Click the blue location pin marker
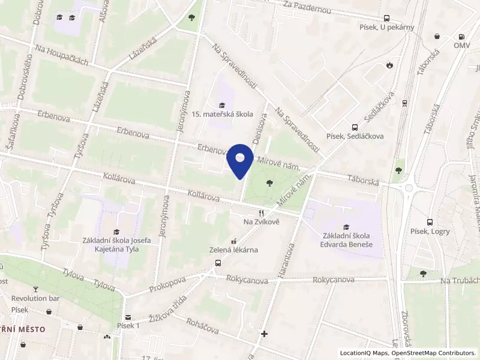pos(240,160)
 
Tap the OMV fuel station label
pos(461,46)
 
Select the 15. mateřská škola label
pos(223,114)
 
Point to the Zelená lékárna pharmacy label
pos(233,250)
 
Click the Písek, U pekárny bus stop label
pos(388,28)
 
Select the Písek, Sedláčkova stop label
pos(355,136)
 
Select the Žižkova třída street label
pos(168,308)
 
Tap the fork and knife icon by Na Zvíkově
pos(260,213)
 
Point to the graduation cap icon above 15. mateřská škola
pos(223,105)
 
